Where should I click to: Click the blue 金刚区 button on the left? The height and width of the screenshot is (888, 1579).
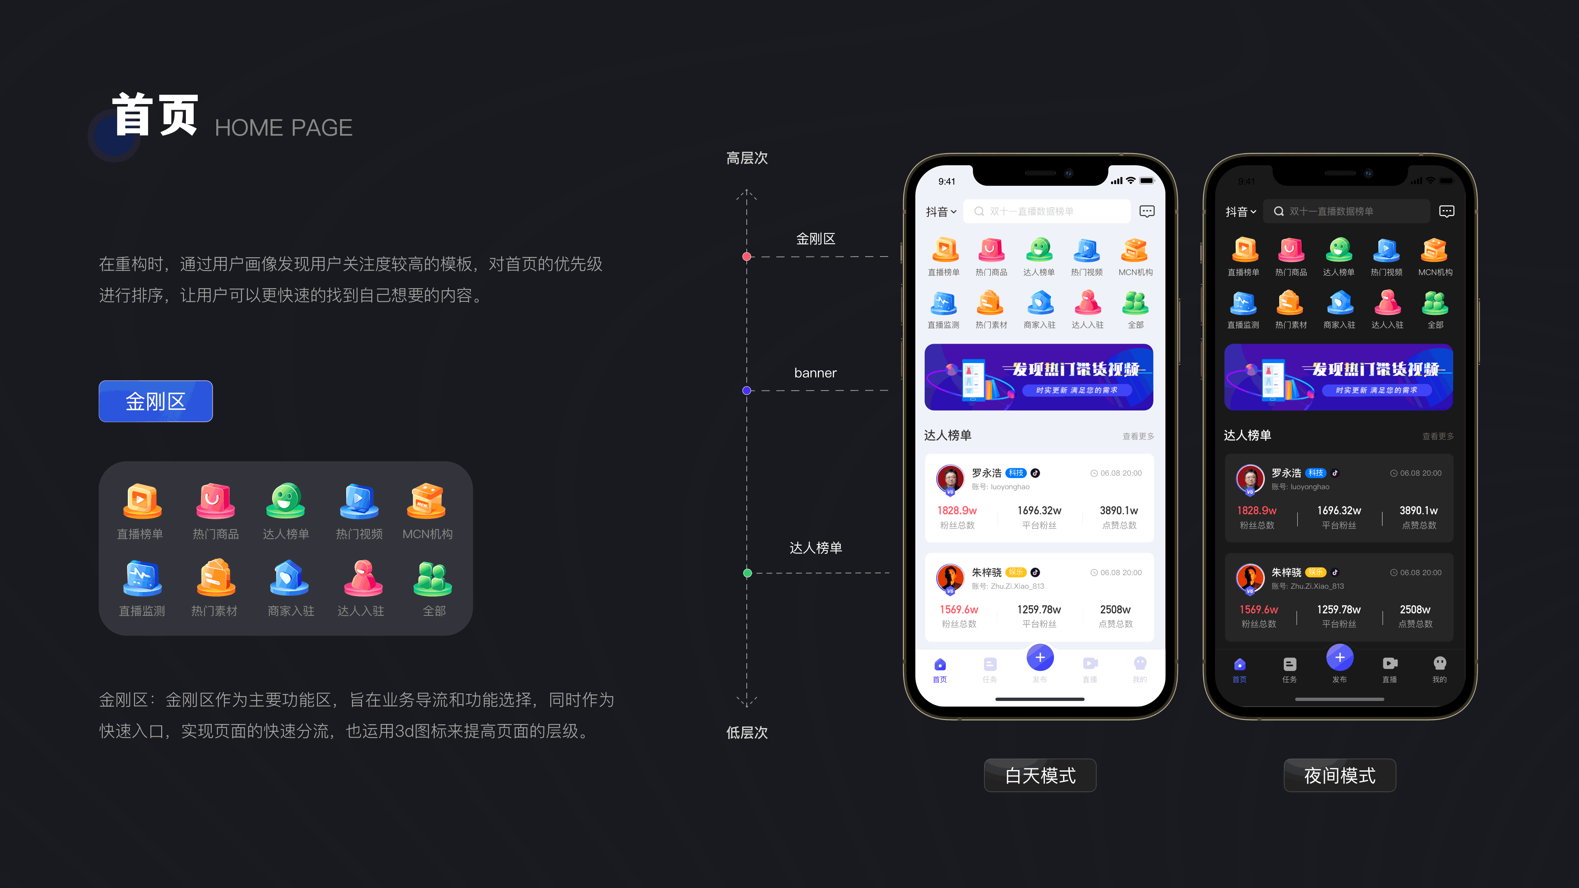[156, 401]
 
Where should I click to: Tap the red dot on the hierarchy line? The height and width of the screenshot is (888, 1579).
[747, 257]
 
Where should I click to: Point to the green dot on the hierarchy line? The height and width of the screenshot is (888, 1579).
[747, 573]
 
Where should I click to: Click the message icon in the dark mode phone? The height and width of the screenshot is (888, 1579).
[1447, 211]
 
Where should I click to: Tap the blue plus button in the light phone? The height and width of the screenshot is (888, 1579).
[1040, 658]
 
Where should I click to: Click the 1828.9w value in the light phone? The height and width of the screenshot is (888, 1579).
[957, 511]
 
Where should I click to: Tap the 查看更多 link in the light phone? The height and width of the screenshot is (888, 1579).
[1138, 436]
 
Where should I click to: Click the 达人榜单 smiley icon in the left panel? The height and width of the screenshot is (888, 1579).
[286, 501]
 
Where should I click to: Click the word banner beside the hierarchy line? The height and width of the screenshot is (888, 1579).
[815, 372]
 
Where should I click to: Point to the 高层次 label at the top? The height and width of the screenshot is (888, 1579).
[747, 158]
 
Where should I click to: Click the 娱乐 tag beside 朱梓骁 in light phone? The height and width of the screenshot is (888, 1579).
[1016, 572]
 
